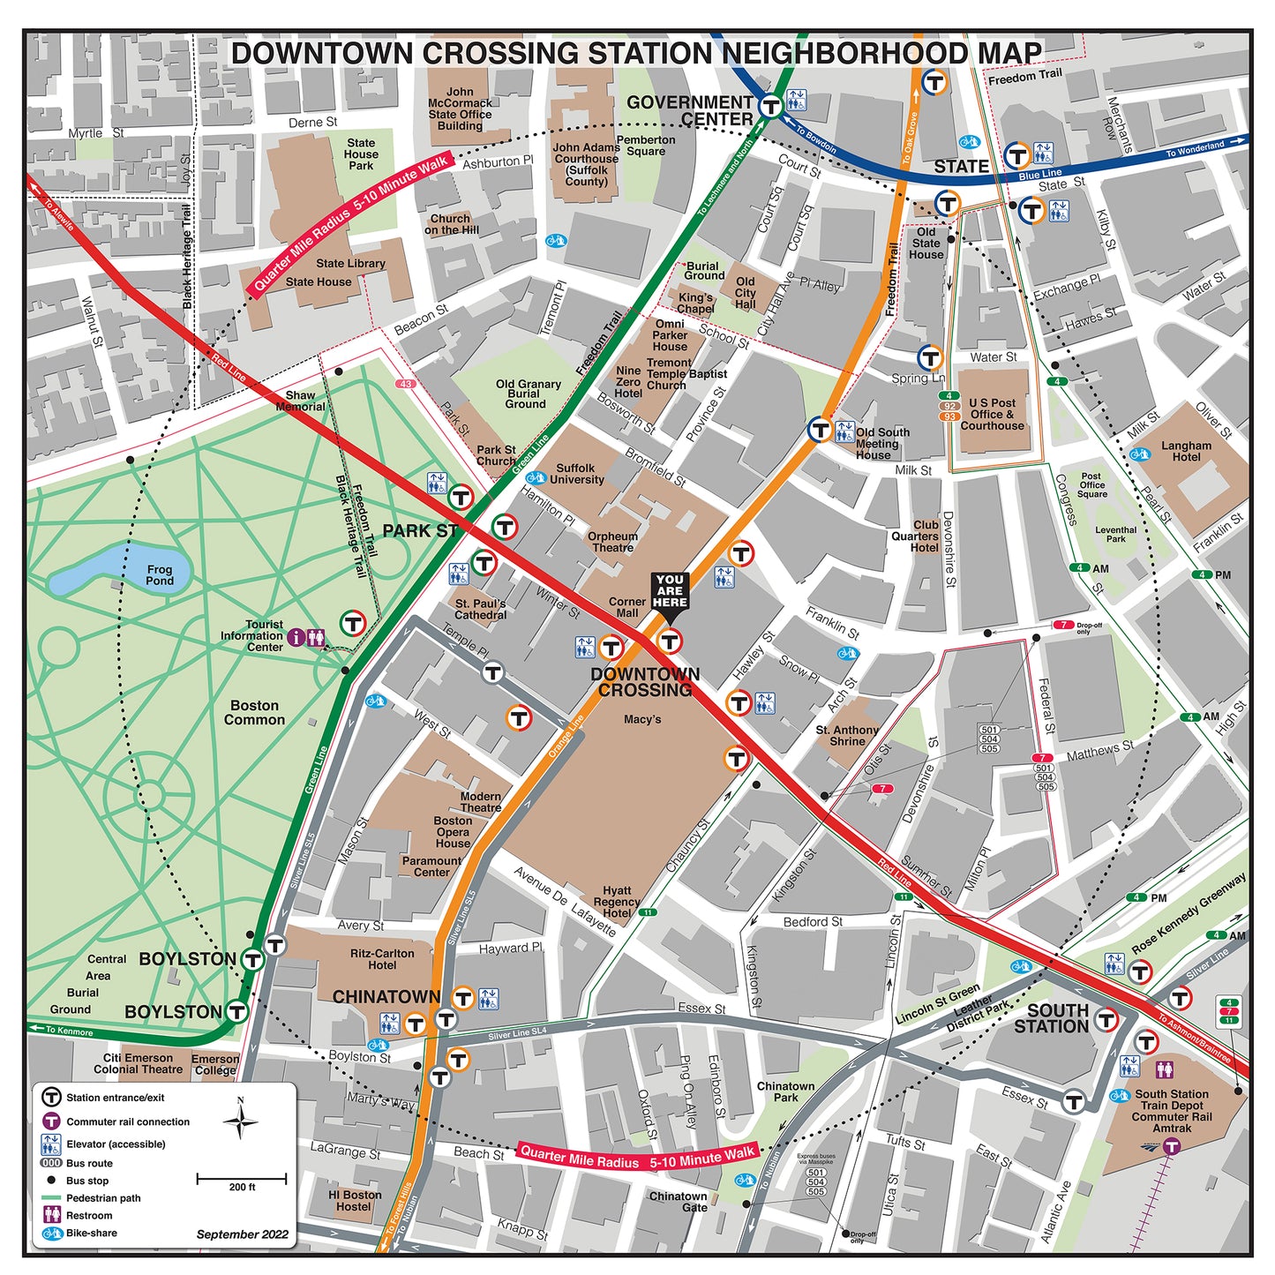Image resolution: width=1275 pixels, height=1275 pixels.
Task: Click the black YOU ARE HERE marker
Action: [670, 592]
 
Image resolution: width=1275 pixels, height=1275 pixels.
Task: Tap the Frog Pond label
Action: [160, 575]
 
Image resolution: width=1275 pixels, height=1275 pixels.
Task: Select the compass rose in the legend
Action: [240, 1121]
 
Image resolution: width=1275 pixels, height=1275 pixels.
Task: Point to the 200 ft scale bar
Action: [242, 1178]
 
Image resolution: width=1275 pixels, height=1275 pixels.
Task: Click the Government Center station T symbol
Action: [771, 106]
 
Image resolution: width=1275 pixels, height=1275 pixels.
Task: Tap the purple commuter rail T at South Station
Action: [1171, 1146]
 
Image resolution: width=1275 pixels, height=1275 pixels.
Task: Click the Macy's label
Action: [642, 719]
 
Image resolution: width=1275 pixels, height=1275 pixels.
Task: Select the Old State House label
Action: [926, 244]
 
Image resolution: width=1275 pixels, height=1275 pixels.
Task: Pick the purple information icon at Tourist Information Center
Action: [296, 636]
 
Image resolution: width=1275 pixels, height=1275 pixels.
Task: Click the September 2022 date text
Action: [242, 1234]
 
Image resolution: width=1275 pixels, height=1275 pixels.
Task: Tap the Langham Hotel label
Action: [1186, 451]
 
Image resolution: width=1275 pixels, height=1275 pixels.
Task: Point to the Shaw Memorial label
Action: [300, 401]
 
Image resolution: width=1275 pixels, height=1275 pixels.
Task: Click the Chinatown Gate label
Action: [678, 1202]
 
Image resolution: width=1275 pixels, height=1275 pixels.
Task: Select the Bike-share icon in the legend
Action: [51, 1234]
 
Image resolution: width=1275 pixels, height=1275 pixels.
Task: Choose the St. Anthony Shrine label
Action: [847, 736]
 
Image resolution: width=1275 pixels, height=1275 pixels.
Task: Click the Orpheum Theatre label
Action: [612, 542]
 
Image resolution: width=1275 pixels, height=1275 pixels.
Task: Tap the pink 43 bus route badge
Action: [405, 384]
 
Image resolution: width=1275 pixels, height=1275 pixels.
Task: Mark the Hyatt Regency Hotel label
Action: [617, 902]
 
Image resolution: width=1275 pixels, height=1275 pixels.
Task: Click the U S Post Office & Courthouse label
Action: [992, 414]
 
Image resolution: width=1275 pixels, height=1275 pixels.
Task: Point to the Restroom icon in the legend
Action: [51, 1216]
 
